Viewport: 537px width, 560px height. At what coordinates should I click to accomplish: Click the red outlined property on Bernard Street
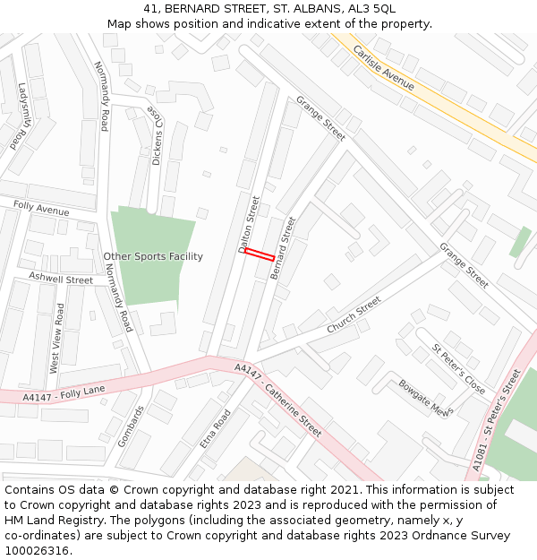tap(260, 254)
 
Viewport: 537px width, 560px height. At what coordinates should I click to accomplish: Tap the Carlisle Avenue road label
tap(383, 67)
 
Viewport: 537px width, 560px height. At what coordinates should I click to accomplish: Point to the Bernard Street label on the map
tap(283, 247)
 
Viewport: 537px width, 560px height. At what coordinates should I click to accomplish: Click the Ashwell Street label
tap(61, 278)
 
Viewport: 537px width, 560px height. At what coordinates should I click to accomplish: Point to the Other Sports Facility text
tap(153, 256)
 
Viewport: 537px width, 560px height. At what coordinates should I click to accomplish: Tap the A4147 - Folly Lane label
tap(64, 392)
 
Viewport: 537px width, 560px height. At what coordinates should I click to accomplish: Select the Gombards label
tap(131, 426)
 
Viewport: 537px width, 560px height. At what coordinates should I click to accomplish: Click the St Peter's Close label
tap(458, 369)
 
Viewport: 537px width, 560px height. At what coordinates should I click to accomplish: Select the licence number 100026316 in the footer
tap(38, 550)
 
